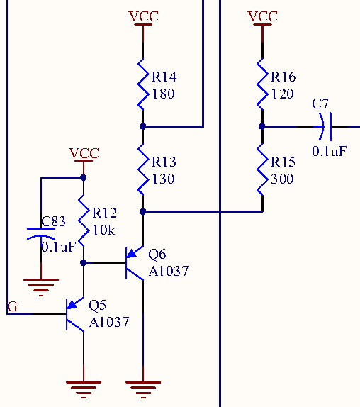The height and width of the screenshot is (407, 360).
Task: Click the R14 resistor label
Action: tap(164, 77)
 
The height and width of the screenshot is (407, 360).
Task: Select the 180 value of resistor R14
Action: tap(164, 94)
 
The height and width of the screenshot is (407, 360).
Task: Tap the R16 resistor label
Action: tap(283, 77)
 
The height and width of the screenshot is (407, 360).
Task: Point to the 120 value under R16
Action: tap(283, 94)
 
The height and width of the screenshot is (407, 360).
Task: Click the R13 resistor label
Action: tap(164, 162)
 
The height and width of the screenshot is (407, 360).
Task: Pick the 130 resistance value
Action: tap(164, 179)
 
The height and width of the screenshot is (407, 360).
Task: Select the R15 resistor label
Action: tap(283, 162)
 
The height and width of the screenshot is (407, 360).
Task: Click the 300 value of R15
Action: tap(282, 179)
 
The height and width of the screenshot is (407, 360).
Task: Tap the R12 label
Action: tap(104, 213)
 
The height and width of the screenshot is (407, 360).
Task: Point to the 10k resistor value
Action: tap(103, 230)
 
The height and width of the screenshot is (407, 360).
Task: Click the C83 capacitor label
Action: tap(53, 222)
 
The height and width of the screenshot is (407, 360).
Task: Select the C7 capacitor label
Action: tap(320, 104)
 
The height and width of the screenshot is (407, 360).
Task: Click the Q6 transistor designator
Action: tap(157, 254)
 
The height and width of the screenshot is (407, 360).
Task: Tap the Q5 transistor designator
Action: tap(98, 305)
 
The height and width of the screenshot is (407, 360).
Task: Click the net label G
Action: tap(13, 306)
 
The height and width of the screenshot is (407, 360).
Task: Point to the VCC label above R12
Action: tap(84, 153)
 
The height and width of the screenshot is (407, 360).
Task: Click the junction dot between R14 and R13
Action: tap(143, 126)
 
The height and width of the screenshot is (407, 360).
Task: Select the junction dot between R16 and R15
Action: tap(262, 126)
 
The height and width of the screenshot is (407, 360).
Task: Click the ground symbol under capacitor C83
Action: tap(41, 288)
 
